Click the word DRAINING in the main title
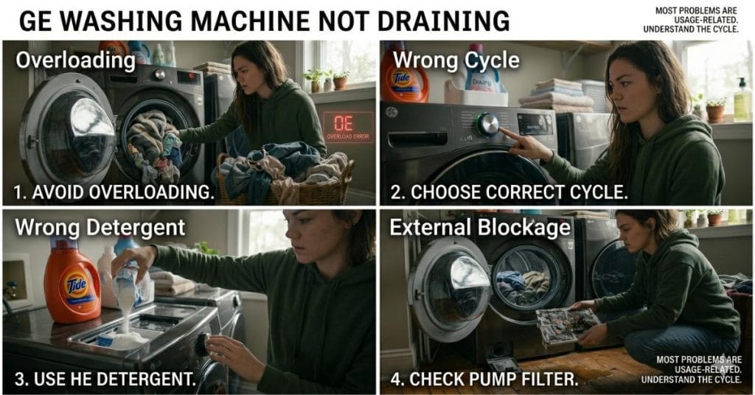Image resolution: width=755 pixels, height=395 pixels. point(442,20)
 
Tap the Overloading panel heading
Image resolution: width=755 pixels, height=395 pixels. point(75,59)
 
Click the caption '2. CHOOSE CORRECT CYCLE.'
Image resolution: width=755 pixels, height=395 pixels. point(509,193)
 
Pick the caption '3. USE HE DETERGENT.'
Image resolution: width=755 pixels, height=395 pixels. point(105,380)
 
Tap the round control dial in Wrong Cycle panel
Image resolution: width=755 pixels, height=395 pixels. point(487,124)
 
